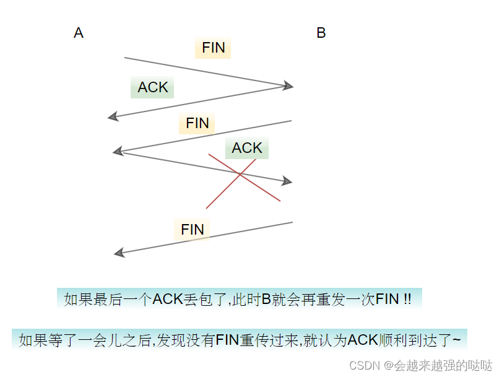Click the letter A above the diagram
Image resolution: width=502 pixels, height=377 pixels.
tap(79, 33)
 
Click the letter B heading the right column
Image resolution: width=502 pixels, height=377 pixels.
tap(321, 33)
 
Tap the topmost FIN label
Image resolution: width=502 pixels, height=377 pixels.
tap(213, 48)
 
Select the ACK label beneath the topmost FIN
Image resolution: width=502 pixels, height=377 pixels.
tap(152, 87)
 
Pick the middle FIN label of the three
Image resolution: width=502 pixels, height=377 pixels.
tap(197, 123)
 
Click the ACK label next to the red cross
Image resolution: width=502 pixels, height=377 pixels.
tap(247, 148)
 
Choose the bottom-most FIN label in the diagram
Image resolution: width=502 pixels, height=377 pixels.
tap(192, 230)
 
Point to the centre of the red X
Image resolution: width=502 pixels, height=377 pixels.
tap(240, 176)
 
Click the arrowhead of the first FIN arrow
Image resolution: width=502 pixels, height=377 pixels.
tap(288, 86)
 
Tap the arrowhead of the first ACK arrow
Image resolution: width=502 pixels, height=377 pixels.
tap(113, 116)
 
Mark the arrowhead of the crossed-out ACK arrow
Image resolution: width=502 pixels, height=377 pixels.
tap(287, 181)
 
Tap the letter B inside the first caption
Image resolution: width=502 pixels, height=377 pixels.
tap(266, 300)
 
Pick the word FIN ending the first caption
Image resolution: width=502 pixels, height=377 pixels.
tap(387, 300)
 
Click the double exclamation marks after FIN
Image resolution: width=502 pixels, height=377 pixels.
tap(407, 300)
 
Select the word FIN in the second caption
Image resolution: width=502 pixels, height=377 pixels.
tap(227, 340)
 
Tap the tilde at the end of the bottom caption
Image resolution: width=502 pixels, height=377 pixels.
tap(456, 340)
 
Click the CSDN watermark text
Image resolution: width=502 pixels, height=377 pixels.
tap(364, 365)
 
